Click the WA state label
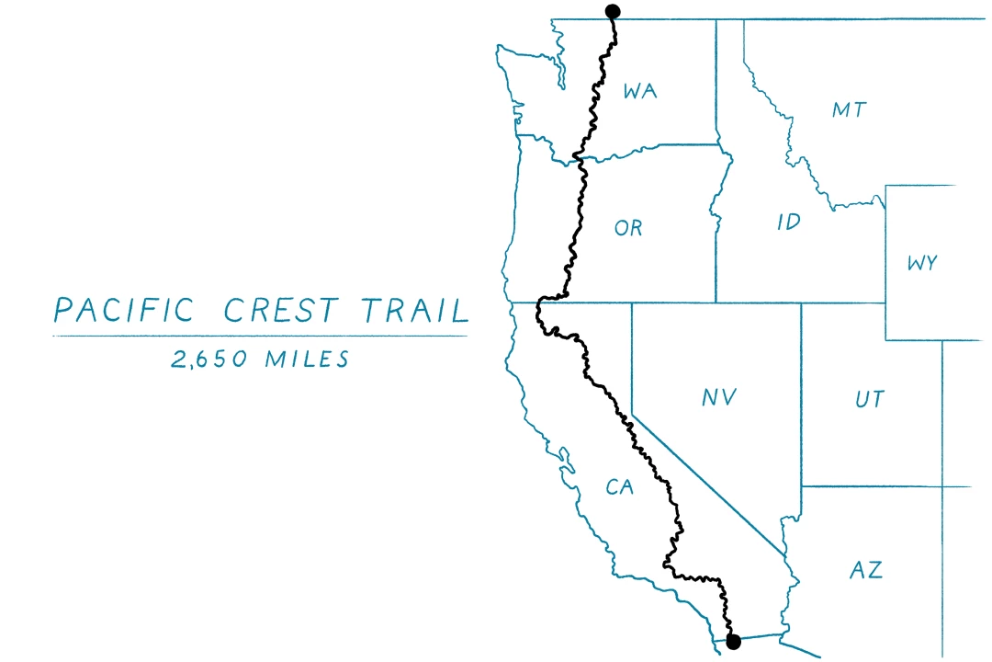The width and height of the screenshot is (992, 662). point(640,91)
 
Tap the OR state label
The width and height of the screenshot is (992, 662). point(628,228)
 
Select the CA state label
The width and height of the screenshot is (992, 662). point(620,487)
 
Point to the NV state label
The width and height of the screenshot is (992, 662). point(719,398)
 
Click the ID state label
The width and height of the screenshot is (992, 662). point(789,222)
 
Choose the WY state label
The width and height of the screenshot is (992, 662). point(921,263)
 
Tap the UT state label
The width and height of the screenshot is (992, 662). point(869,399)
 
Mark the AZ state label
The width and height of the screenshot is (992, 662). point(865,569)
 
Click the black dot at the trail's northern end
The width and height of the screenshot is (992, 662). point(613,11)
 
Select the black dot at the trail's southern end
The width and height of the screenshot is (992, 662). point(733,643)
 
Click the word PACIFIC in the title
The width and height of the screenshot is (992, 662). point(124,311)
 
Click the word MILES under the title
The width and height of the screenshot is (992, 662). point(307,359)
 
